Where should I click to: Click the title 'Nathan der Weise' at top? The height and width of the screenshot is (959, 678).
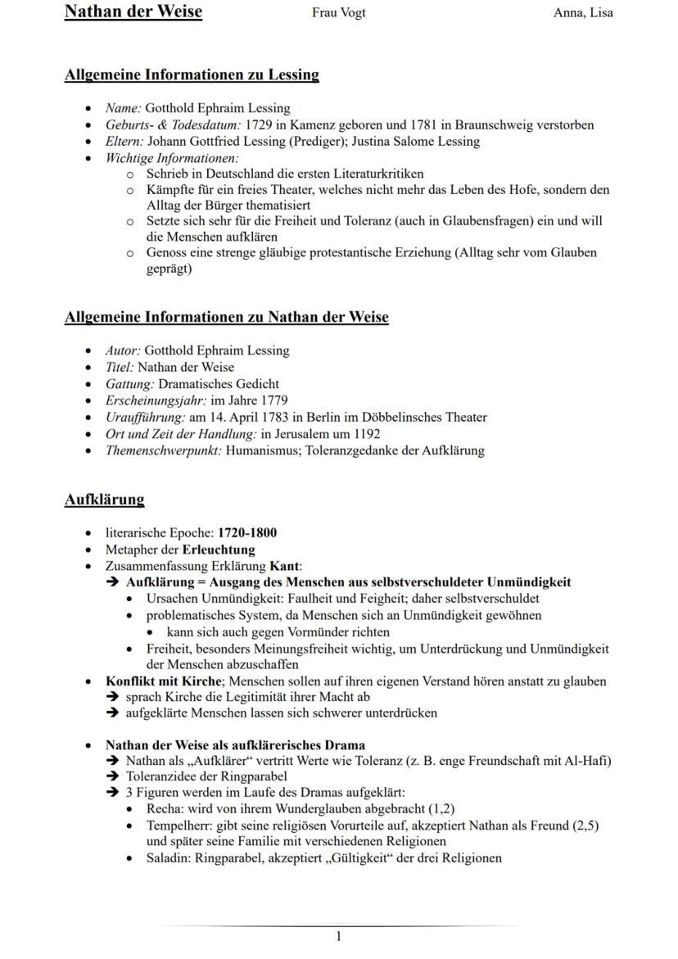point(133,11)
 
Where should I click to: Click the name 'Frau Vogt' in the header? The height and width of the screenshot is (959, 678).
point(339,12)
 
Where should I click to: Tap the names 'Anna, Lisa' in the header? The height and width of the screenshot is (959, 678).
point(583,12)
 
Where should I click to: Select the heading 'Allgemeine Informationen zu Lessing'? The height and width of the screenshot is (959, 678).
point(192,75)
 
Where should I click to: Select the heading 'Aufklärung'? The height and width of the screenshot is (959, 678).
point(104,500)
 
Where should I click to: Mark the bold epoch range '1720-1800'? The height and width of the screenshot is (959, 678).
point(247,533)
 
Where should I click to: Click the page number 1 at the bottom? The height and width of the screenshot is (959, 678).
point(339,936)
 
